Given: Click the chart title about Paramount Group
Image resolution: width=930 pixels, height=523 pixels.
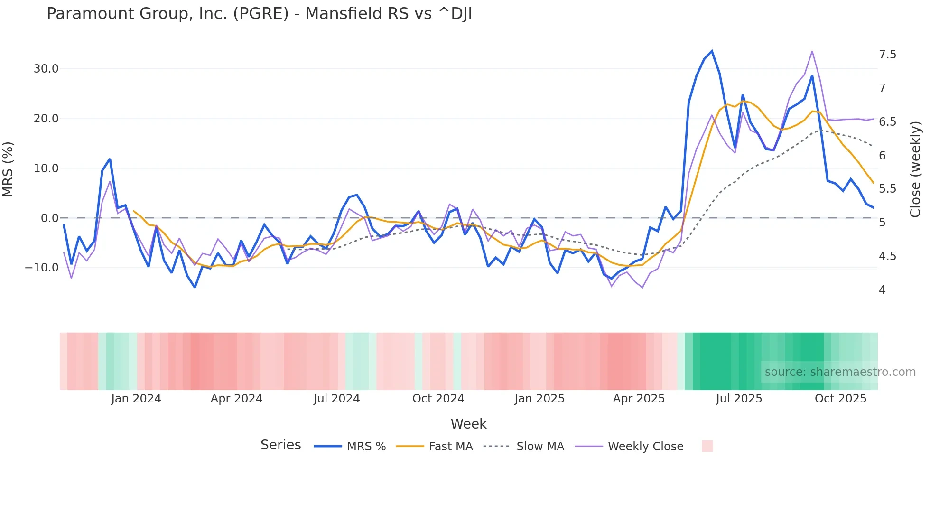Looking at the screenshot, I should pyautogui.click(x=259, y=14).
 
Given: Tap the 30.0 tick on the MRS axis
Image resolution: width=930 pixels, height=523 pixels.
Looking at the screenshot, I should pyautogui.click(x=46, y=69).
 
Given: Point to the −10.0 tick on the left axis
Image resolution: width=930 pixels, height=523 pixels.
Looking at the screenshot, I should pyautogui.click(x=42, y=268).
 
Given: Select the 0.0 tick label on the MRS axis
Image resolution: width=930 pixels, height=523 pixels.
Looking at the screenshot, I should pyautogui.click(x=49, y=218).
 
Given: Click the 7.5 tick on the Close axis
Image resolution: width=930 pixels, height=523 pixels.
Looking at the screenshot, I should pyautogui.click(x=887, y=55).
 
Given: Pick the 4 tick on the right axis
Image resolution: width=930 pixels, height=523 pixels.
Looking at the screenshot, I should pyautogui.click(x=882, y=290).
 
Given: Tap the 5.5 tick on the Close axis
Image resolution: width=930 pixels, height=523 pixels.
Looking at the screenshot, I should pyautogui.click(x=887, y=189).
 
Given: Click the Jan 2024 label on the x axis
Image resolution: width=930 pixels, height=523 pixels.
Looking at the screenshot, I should pyautogui.click(x=136, y=399).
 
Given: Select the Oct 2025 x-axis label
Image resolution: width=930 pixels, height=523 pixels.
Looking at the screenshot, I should pyautogui.click(x=840, y=399).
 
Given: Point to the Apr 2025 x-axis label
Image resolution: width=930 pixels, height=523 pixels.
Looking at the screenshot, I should pyautogui.click(x=639, y=399).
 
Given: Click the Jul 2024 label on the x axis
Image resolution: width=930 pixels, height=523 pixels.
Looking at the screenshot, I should pyautogui.click(x=337, y=399).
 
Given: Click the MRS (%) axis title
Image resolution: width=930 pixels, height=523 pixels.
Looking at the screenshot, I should pyautogui.click(x=8, y=169).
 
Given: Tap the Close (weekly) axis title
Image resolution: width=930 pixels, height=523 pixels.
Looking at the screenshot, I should pyautogui.click(x=915, y=169).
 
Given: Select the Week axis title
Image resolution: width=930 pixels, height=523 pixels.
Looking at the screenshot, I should pyautogui.click(x=468, y=424).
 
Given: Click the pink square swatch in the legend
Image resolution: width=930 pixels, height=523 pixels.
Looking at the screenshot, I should pyautogui.click(x=707, y=446).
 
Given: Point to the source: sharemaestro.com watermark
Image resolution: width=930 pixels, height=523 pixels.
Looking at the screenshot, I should pyautogui.click(x=840, y=372).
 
